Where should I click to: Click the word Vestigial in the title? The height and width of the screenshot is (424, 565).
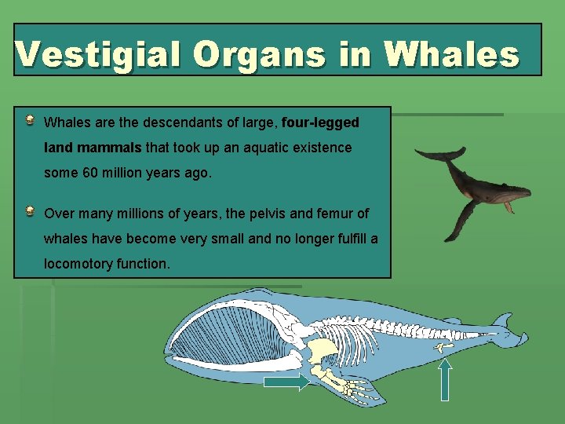point(97,54)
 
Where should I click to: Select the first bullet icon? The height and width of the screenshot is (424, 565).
point(29,121)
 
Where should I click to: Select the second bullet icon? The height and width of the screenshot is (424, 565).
point(29,211)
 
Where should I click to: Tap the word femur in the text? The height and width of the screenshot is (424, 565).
point(336,214)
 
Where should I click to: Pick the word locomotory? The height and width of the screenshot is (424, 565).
point(78,264)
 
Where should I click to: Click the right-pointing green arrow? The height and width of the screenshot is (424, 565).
point(286,382)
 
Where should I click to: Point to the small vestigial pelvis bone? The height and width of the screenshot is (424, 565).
point(443,345)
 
